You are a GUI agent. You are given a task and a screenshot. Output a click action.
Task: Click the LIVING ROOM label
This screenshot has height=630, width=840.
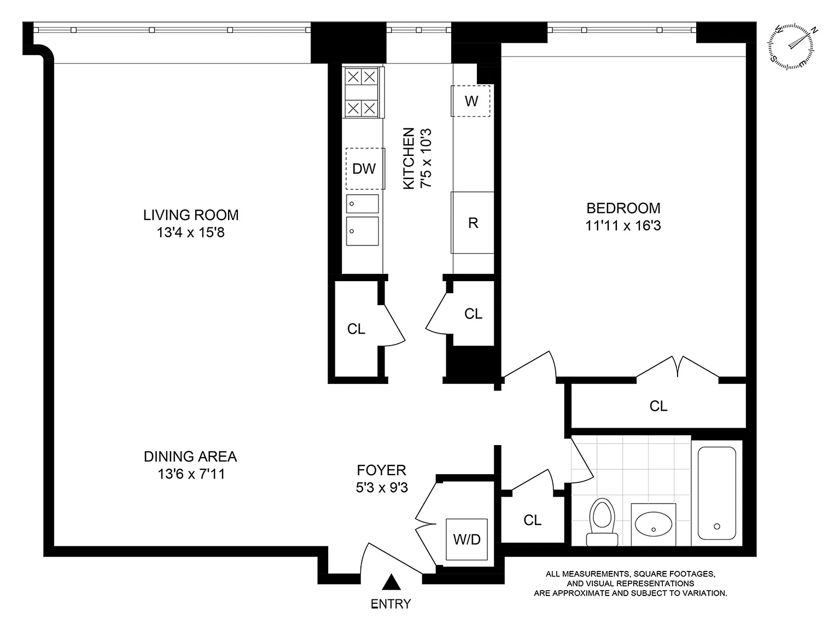pos(190,215)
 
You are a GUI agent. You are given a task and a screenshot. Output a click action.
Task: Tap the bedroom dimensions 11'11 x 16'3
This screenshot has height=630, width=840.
pos(623,226)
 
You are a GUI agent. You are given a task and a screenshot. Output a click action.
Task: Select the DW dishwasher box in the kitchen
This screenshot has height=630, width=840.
pos(365,168)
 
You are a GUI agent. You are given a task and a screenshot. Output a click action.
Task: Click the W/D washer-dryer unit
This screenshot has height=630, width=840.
pos(466,539)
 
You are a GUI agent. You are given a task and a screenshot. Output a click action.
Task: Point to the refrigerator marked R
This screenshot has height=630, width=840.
pos(472,223)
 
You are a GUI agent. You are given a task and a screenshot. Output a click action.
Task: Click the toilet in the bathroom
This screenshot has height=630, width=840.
pos(602,522)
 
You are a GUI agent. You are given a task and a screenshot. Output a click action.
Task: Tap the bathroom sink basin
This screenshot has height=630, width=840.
pos(654,524)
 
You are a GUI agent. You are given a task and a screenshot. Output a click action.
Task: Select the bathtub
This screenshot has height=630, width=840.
pos(717,493)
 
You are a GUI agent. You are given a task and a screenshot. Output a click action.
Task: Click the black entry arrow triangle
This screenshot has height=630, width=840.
pos(391,582)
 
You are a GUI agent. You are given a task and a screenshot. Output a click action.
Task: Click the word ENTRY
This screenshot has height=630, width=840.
pos(390,604)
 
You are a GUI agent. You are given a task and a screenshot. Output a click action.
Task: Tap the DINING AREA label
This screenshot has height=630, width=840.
pos(190,456)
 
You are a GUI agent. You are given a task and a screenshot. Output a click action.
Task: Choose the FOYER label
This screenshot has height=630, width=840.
pos(381,470)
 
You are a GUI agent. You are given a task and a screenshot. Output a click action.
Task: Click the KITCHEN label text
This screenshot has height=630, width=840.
pos(409,159)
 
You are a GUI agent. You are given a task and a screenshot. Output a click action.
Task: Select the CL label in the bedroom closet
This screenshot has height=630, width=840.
pos(658,406)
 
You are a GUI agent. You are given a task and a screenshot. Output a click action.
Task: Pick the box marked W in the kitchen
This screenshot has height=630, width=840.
pos(471,101)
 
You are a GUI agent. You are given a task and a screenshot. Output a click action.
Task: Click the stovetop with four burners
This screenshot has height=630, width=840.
pos(362,92)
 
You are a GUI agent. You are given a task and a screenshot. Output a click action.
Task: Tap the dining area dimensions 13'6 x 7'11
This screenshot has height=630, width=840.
pos(191,474)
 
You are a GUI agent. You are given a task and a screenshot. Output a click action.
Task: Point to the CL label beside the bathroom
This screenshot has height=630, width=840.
pos(532,520)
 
